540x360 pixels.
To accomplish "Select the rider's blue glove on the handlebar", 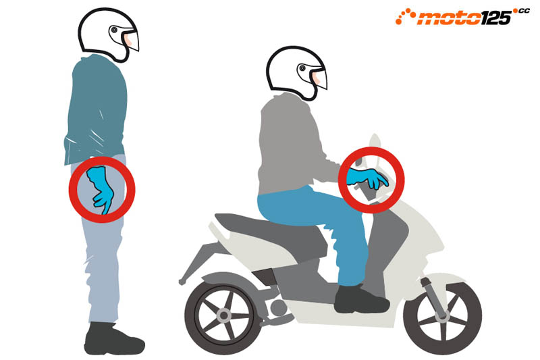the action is pyautogui.click(x=366, y=178).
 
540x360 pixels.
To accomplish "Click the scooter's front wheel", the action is pyautogui.click(x=442, y=316).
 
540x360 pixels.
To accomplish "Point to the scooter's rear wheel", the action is pyautogui.click(x=224, y=316).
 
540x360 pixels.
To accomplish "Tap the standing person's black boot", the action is pyautogui.click(x=113, y=338).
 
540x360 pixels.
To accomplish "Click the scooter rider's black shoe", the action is pyautogui.click(x=361, y=299).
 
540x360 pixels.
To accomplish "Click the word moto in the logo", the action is pyautogui.click(x=448, y=18).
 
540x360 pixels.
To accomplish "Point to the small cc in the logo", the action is pyautogui.click(x=524, y=11).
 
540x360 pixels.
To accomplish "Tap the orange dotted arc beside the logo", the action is pyautogui.click(x=405, y=16).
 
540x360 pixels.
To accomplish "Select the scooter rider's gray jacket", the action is pyautogui.click(x=293, y=145).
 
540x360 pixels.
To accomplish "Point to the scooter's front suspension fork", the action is pyautogui.click(x=433, y=297).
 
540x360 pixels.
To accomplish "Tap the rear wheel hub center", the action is pyautogui.click(x=224, y=315).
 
